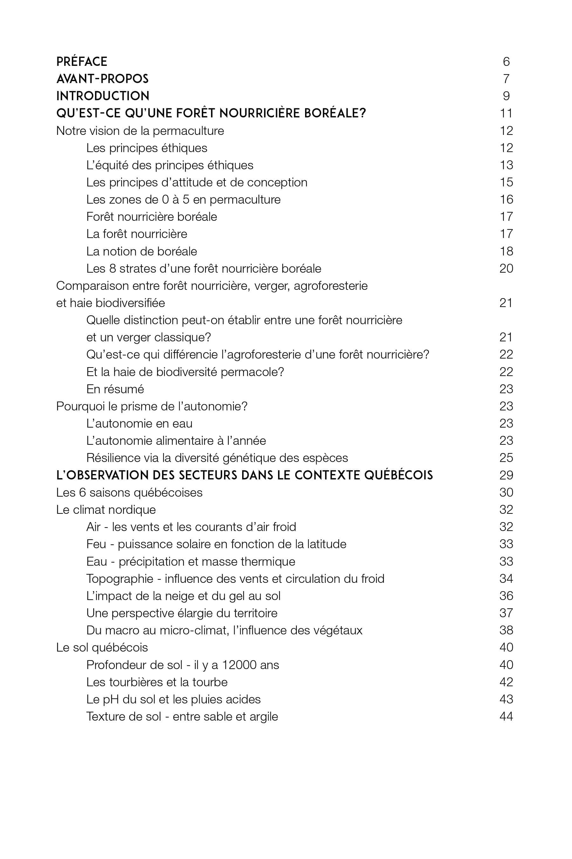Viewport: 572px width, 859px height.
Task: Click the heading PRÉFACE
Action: pyautogui.click(x=82, y=61)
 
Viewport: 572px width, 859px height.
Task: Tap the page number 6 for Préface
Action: pyautogui.click(x=506, y=61)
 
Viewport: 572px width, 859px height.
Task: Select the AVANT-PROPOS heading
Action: pyautogui.click(x=103, y=79)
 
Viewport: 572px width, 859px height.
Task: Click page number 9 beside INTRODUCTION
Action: pyautogui.click(x=506, y=96)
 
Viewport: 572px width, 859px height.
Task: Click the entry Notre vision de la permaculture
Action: pyautogui.click(x=140, y=131)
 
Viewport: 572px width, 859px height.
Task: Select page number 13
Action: pyautogui.click(x=506, y=165)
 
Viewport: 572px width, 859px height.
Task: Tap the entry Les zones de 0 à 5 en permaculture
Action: pyautogui.click(x=183, y=199)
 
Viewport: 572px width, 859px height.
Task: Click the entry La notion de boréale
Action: pyautogui.click(x=141, y=251)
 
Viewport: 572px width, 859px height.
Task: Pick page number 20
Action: pyautogui.click(x=506, y=269)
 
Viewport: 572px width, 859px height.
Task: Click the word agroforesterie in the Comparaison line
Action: pyautogui.click(x=330, y=286)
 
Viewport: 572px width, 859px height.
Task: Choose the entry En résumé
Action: pyautogui.click(x=115, y=389)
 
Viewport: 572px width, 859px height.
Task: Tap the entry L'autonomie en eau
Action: pyautogui.click(x=140, y=423)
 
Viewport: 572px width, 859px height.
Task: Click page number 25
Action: pyautogui.click(x=506, y=457)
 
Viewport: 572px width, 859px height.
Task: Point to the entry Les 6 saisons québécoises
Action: pyautogui.click(x=129, y=492)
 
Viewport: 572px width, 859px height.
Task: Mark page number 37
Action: pyautogui.click(x=506, y=613)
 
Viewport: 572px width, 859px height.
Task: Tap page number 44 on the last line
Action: pyautogui.click(x=506, y=716)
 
